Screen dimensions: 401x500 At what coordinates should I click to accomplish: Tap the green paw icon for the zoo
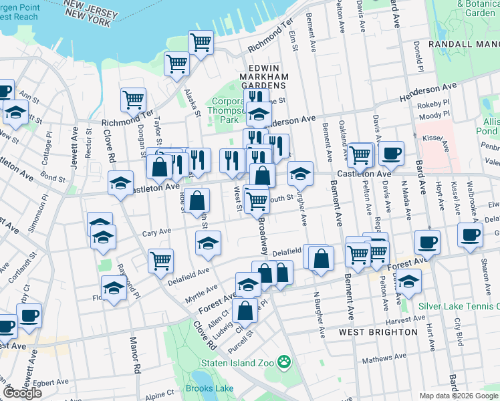[285, 361]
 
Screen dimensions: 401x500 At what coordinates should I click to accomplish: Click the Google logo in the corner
[22, 393]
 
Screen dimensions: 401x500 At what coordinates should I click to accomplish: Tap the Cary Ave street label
[157, 233]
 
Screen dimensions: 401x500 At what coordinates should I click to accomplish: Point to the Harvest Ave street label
[418, 319]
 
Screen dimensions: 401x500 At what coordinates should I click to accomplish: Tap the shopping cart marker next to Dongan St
[133, 100]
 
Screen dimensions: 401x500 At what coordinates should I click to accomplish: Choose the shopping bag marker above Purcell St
[246, 310]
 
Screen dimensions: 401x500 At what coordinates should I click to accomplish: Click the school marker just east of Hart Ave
[407, 281]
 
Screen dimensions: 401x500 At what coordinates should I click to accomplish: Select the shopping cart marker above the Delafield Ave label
[160, 261]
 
